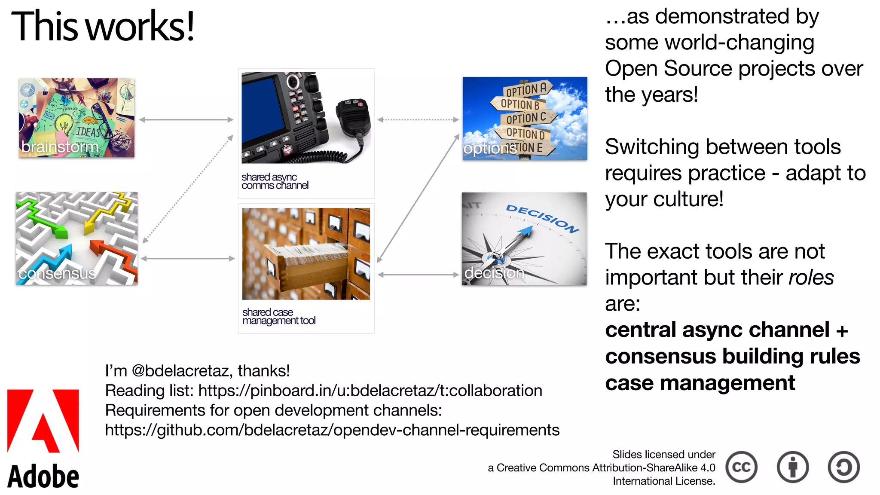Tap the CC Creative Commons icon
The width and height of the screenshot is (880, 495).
(742, 467)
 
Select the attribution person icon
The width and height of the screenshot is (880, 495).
(793, 467)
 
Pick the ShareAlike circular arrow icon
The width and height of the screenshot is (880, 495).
(844, 467)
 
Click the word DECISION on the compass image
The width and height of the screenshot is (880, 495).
(542, 218)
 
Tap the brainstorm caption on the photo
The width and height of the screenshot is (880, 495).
(60, 147)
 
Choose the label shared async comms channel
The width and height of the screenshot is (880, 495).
(275, 181)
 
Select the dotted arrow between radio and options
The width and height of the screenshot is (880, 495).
(418, 120)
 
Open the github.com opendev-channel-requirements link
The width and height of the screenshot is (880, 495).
(332, 430)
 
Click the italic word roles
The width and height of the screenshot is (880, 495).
(811, 277)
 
